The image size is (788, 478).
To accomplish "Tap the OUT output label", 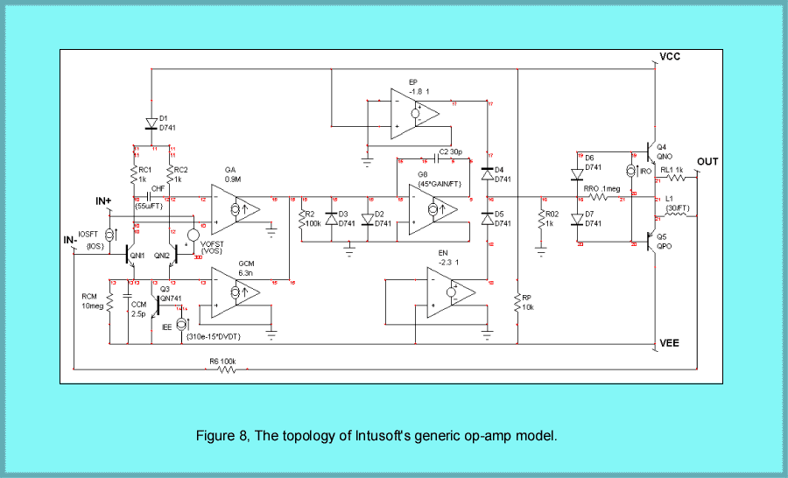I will [x=707, y=162].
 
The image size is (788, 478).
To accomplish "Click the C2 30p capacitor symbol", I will [x=435, y=161].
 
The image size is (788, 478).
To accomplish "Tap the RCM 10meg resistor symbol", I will [x=110, y=302].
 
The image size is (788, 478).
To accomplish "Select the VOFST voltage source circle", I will [x=193, y=235].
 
